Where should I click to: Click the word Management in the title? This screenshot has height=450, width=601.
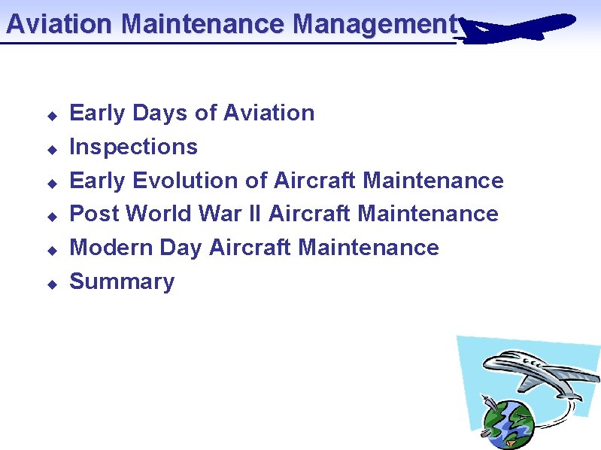[375, 24]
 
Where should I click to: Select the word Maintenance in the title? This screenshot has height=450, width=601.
[202, 24]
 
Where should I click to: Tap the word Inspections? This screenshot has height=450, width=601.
[133, 147]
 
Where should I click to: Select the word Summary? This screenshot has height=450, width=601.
[122, 281]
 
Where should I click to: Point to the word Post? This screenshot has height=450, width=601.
[95, 214]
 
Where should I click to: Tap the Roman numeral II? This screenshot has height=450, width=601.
[253, 214]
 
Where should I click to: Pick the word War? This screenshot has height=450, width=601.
[219, 214]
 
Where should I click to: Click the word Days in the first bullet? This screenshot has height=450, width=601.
[160, 114]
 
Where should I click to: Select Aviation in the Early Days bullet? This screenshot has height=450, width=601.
[269, 113]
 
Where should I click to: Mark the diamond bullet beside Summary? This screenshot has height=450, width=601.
[52, 284]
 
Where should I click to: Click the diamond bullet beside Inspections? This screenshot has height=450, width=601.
[52, 150]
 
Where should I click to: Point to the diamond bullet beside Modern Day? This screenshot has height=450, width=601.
[52, 251]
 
